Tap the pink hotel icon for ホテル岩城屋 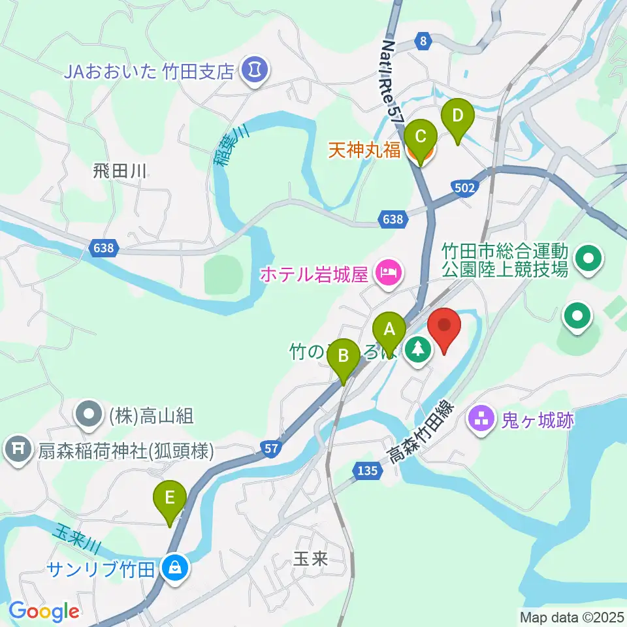(x=388, y=272)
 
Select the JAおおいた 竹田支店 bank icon (x=253, y=70)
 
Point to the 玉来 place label (x=310, y=559)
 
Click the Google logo (x=44, y=611)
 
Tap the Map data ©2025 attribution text (x=570, y=616)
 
